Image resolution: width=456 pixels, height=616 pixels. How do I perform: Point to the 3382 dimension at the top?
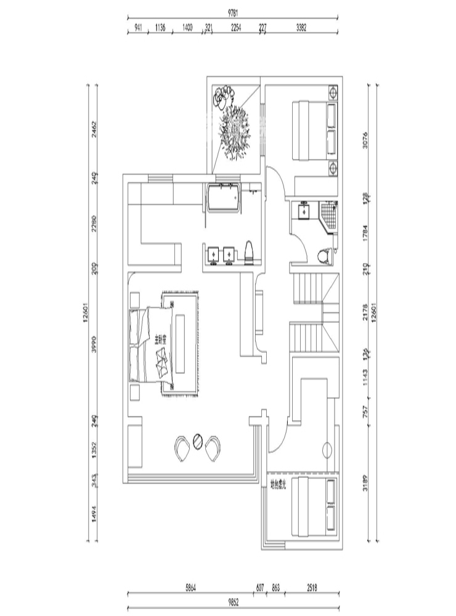coord(302,27)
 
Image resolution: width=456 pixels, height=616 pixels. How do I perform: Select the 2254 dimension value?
coord(236,27)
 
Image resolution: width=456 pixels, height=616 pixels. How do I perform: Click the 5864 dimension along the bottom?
coord(192,588)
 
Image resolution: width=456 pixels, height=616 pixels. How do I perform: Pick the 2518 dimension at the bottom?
coord(311,588)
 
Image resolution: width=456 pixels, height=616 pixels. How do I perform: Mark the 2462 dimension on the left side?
coord(94,130)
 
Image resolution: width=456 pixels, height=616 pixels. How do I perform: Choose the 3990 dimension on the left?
coord(94,347)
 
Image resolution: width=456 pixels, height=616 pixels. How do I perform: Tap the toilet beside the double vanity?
coord(250,253)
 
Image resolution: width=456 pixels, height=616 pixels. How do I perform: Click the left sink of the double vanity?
coord(213,254)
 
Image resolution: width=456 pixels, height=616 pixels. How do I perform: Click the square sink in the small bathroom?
coord(304,211)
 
